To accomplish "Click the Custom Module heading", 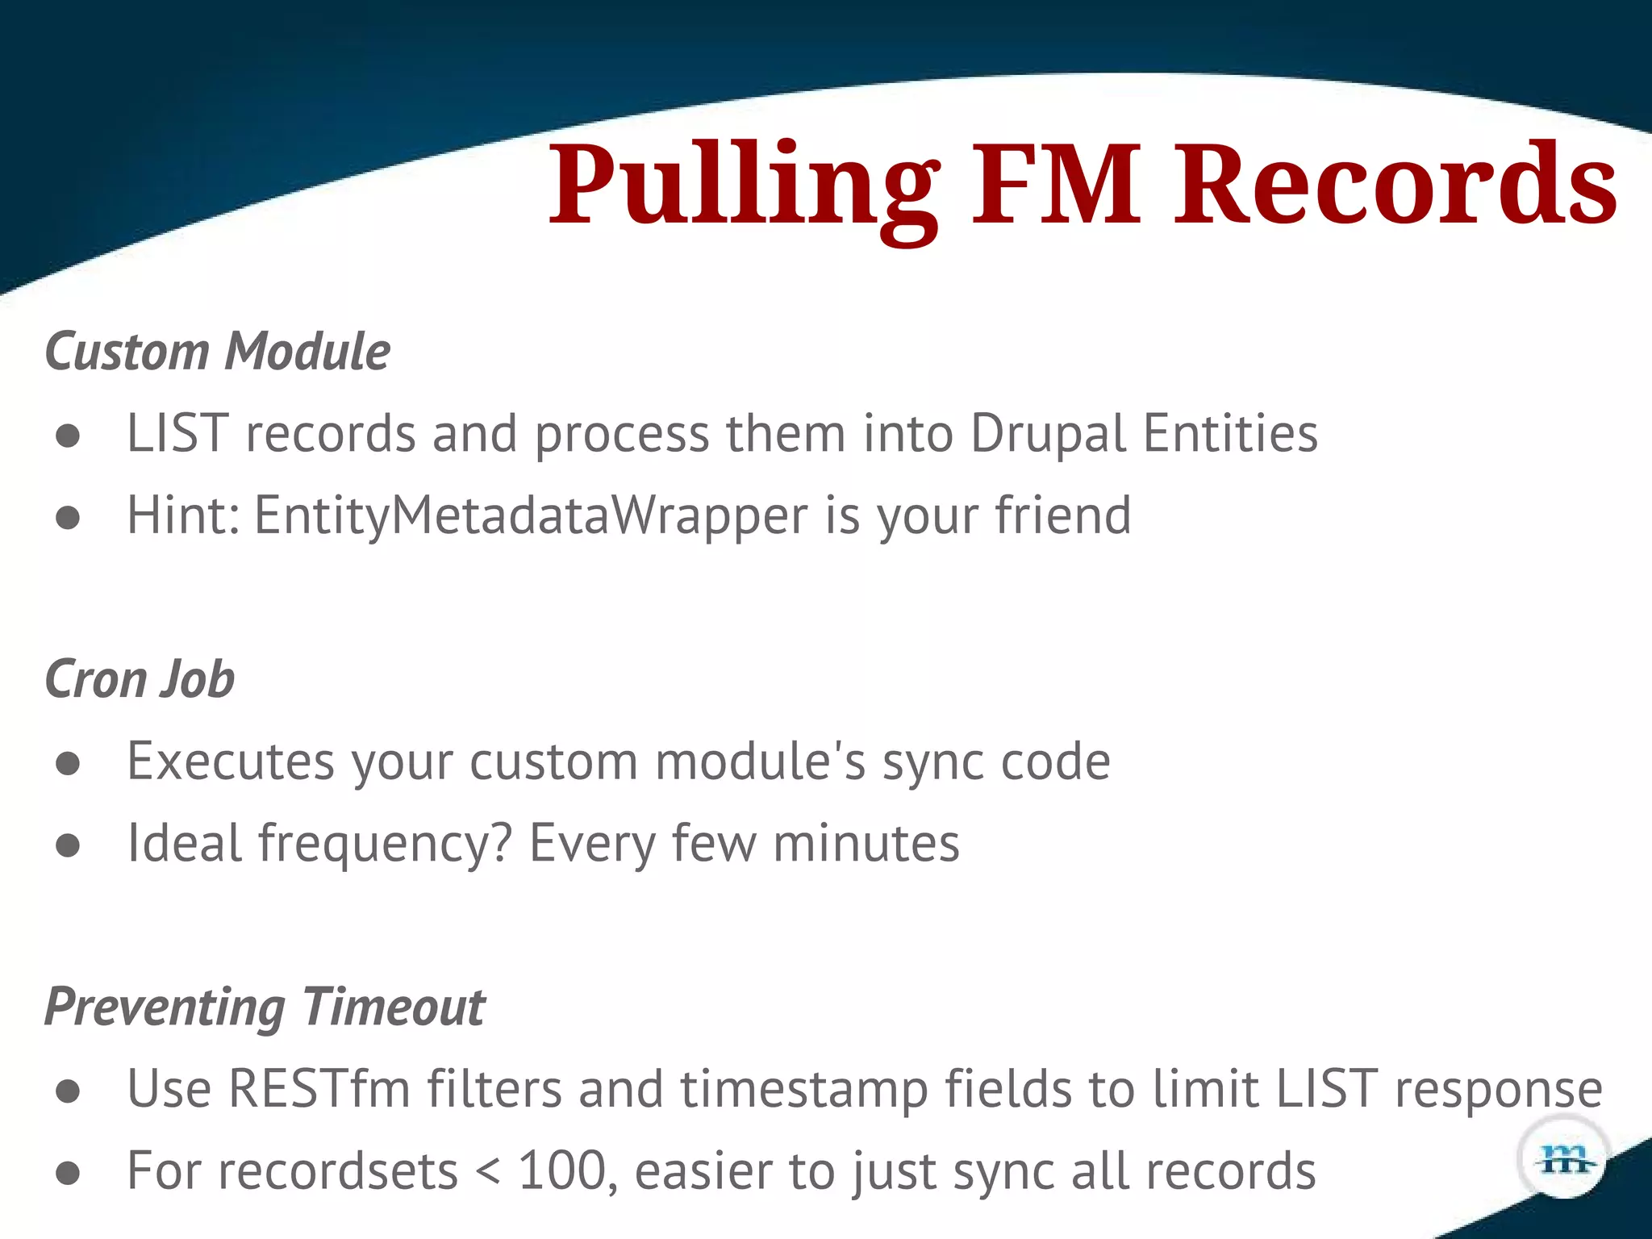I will (218, 353).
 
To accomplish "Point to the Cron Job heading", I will (140, 679).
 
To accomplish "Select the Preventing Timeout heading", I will (265, 1007).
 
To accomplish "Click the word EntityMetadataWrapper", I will (531, 516).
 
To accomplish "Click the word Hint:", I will (184, 516).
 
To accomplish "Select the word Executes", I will (231, 761).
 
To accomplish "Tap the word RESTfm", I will (319, 1090).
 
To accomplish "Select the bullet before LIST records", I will (69, 436).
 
